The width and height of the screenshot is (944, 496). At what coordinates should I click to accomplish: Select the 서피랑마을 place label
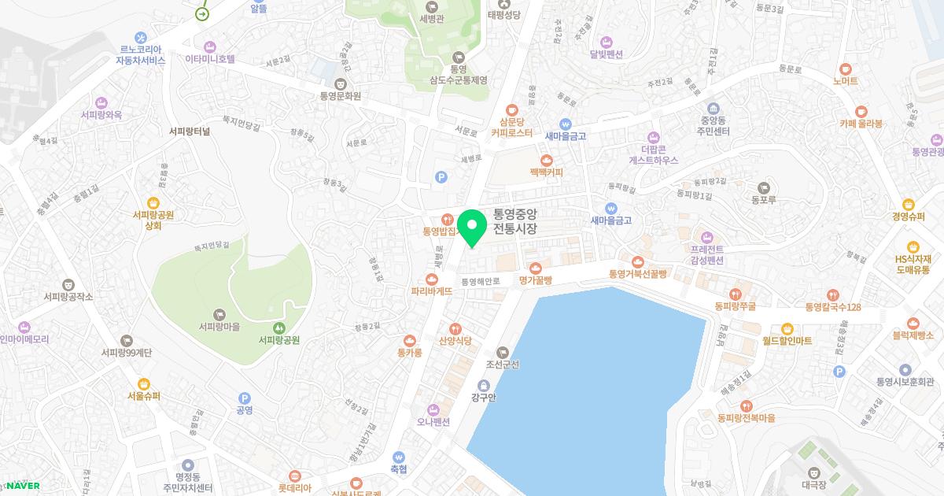click(x=219, y=327)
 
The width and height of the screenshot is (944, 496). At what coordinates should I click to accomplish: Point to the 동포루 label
click(x=763, y=200)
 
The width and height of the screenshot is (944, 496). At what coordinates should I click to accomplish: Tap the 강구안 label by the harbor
click(x=484, y=397)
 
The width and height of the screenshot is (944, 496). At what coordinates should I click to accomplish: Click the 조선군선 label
click(x=503, y=365)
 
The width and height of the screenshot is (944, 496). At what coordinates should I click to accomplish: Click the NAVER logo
click(x=23, y=486)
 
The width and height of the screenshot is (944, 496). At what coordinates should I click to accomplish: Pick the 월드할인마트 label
click(x=787, y=341)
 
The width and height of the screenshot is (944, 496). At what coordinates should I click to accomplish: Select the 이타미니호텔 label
click(x=210, y=58)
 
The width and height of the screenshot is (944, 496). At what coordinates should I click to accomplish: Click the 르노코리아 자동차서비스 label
click(x=140, y=54)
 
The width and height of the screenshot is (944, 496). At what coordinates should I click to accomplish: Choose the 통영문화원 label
click(x=340, y=96)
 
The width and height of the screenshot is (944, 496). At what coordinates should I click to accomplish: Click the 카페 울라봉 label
click(x=861, y=124)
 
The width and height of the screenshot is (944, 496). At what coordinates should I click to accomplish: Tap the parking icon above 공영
click(x=244, y=398)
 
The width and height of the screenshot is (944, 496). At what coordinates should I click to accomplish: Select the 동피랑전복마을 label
click(x=746, y=418)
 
